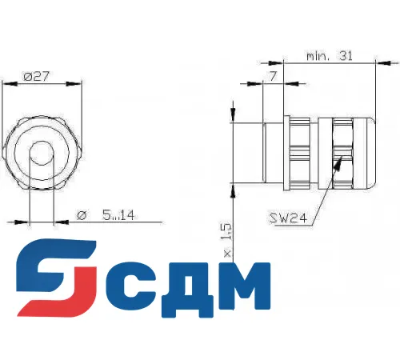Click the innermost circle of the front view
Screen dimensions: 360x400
coord(42,154)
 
